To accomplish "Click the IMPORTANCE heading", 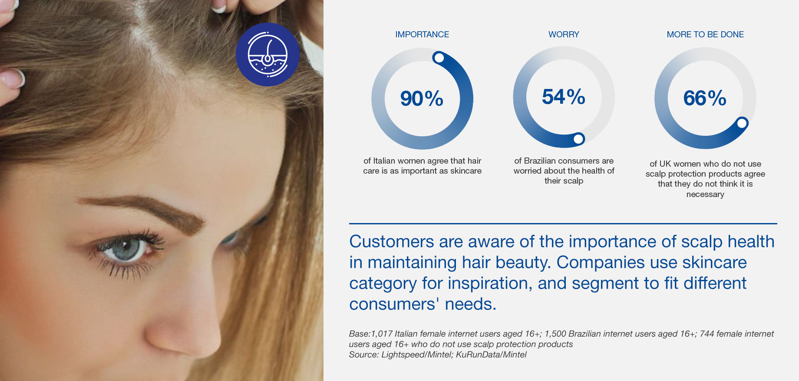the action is pos(422,34).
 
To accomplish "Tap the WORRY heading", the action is pos(564,34).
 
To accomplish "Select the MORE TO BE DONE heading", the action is pos(705,34).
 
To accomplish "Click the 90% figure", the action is pos(422,99).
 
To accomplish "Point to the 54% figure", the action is pos(564,97).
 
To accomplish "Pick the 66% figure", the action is pos(705,98).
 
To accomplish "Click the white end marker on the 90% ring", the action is pos(439,57).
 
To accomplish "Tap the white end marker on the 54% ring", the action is pos(578,139).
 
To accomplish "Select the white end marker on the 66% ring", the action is pos(742,123).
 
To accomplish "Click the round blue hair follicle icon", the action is pos(267,54).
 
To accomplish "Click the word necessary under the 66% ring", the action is pos(705,194).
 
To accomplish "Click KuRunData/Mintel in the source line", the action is pos(491,355).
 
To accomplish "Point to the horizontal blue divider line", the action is pos(563,223).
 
